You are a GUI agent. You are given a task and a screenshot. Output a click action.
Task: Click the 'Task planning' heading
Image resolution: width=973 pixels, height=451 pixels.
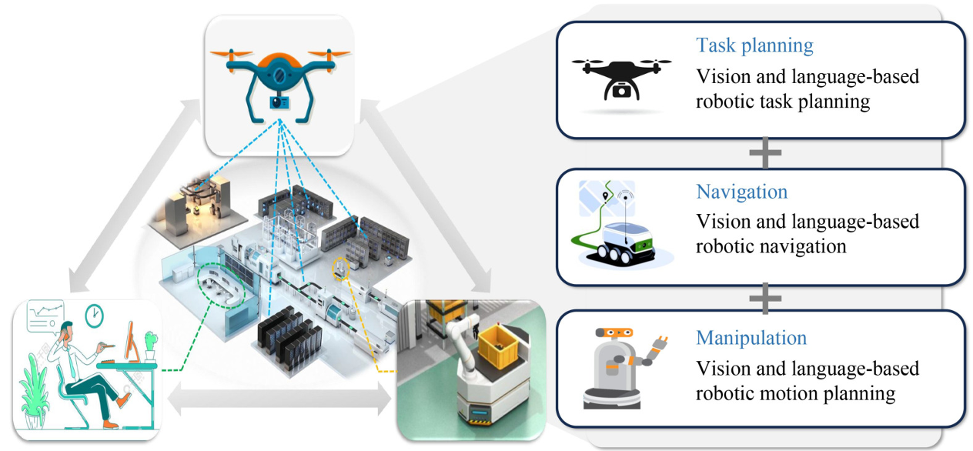tap(754, 45)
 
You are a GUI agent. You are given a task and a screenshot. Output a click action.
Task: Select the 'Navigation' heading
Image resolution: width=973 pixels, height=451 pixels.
tap(741, 192)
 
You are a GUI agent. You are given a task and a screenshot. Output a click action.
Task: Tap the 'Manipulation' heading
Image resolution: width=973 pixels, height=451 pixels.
tap(751, 338)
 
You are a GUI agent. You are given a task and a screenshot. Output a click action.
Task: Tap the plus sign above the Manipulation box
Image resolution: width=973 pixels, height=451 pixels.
tap(764, 298)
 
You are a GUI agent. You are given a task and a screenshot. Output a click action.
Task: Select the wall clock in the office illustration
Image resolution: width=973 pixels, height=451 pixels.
tap(93, 316)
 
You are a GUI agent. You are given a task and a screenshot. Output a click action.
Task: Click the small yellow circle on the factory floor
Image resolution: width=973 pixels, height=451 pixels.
tap(339, 269)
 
